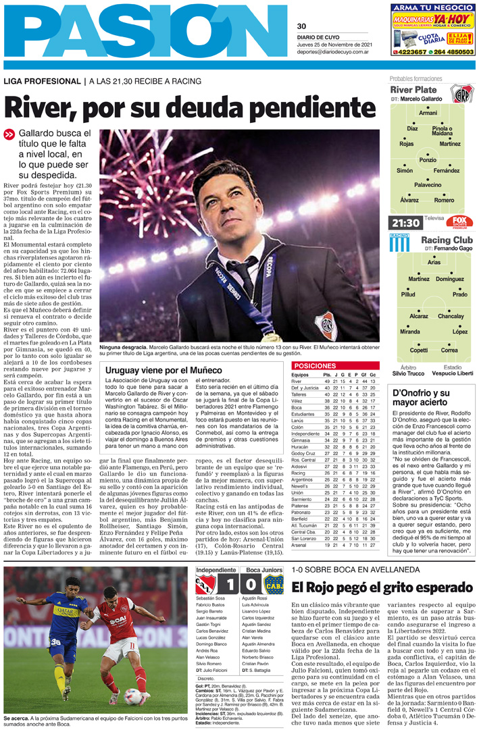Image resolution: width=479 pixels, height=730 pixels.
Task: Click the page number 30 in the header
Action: click(301, 27)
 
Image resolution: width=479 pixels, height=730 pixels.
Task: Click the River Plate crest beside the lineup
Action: click(461, 94)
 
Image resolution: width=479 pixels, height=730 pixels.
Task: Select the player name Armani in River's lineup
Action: click(428, 113)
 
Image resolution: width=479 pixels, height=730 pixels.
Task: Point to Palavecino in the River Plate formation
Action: click(428, 184)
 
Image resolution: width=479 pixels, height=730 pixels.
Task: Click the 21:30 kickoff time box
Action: click(405, 223)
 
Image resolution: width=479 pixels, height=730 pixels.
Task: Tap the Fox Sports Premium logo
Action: click(459, 222)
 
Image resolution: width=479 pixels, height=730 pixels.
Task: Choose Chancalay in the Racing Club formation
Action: click(451, 316)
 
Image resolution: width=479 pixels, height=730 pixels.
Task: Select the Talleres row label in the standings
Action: click(300, 394)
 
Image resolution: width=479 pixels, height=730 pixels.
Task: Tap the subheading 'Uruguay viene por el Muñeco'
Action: click(164, 371)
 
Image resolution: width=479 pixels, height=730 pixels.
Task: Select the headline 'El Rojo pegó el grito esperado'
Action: click(373, 587)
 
